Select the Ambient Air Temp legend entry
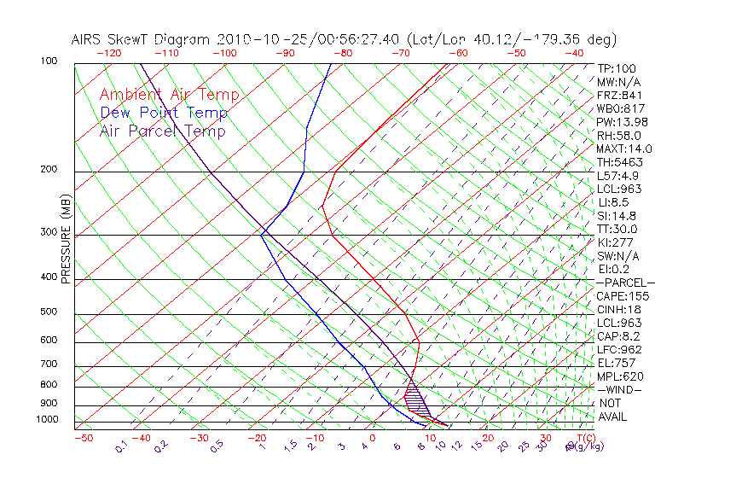click(x=169, y=95)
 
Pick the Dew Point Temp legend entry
click(x=164, y=113)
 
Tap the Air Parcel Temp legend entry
click(x=162, y=131)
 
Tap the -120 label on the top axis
click(x=109, y=52)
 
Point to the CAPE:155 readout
click(x=622, y=296)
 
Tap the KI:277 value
click(x=615, y=242)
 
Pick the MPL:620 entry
click(x=618, y=376)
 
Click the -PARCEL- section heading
click(x=625, y=283)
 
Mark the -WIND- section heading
click(x=618, y=389)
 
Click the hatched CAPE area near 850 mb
click(x=415, y=396)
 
